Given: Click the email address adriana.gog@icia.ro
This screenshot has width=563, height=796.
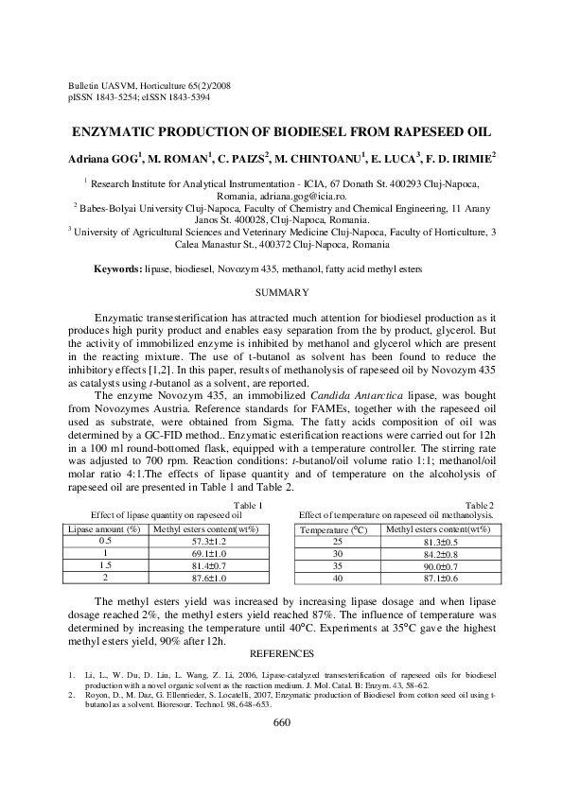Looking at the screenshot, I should pos(307,196).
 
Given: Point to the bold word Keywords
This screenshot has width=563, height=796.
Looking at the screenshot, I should pos(117,269).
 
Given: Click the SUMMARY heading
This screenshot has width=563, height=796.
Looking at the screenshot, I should pos(282,292).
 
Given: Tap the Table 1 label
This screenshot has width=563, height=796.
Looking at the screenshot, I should pos(248,506).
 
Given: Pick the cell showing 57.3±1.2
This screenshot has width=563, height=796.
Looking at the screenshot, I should pos(206,541).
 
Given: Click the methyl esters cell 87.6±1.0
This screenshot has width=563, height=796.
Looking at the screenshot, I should pos(206,577).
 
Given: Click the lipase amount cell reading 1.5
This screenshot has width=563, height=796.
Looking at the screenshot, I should pos(105,564).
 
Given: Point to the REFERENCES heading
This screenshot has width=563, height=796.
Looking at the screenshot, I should pos(281,653).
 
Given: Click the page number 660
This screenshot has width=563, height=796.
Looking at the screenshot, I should pos(281,722).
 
